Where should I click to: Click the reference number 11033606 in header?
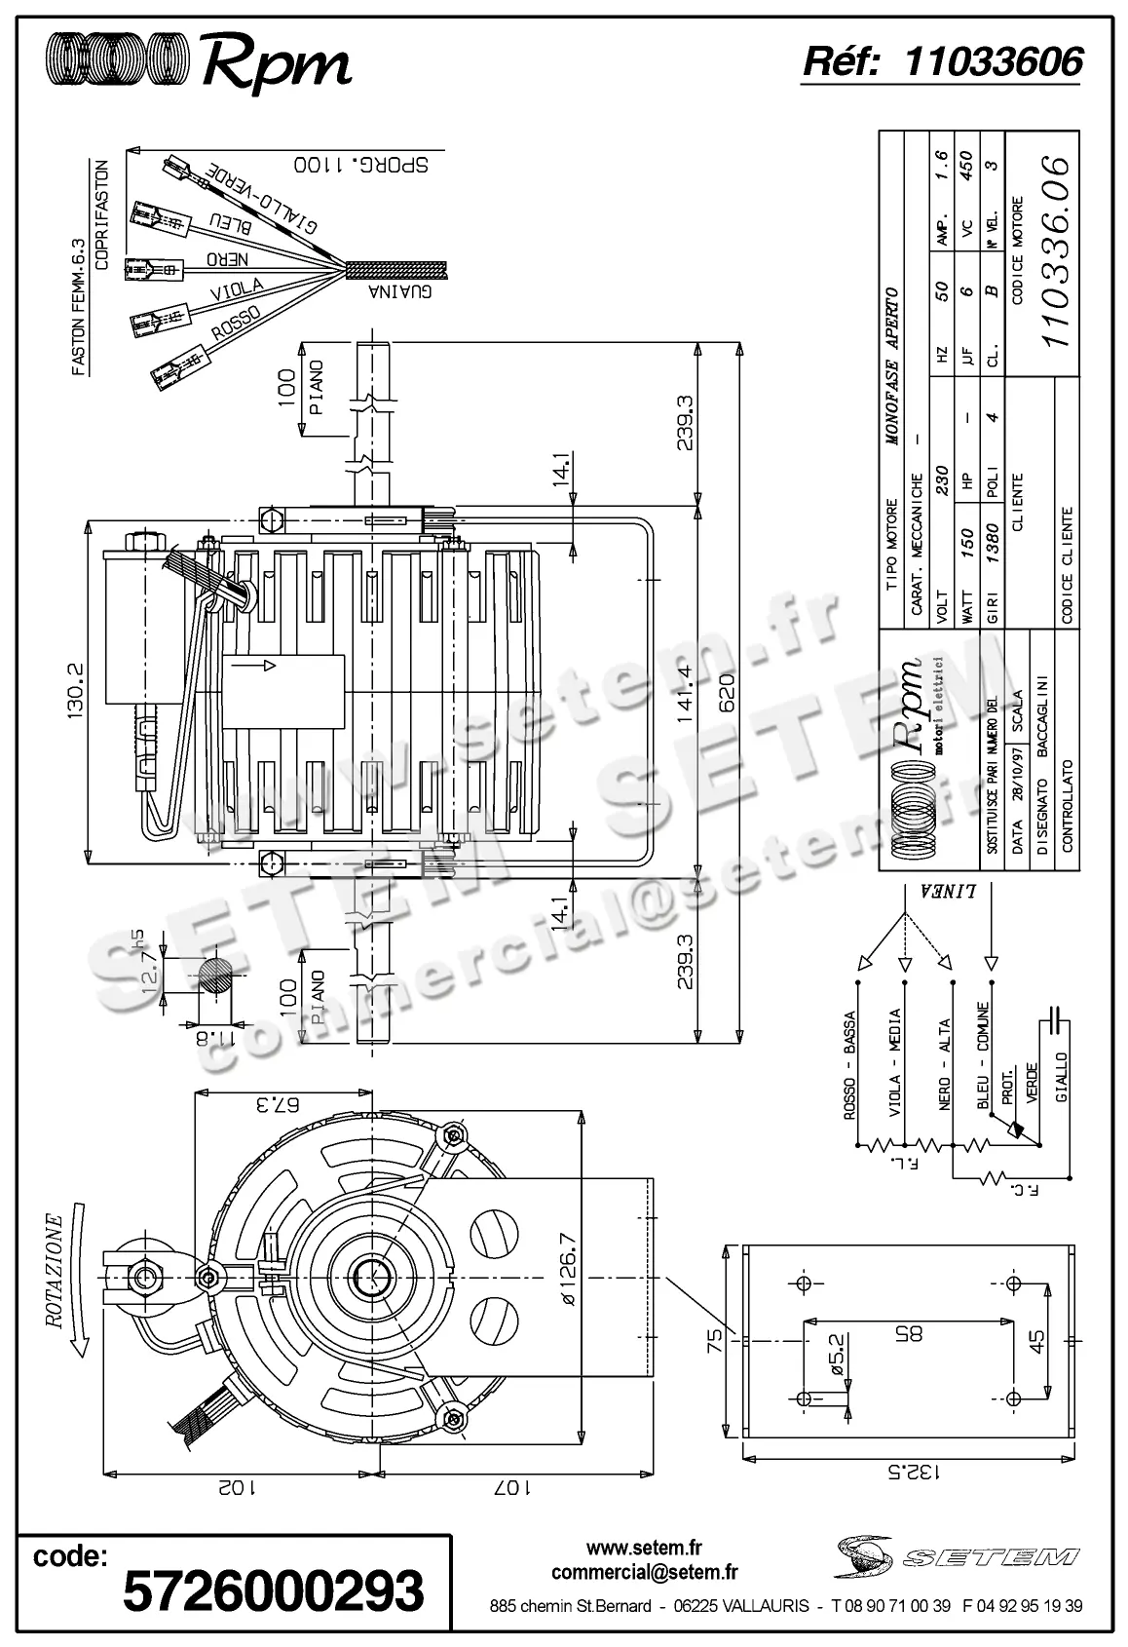(993, 62)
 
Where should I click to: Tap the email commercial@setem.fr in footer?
(644, 1572)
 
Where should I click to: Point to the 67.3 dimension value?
(280, 1105)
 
